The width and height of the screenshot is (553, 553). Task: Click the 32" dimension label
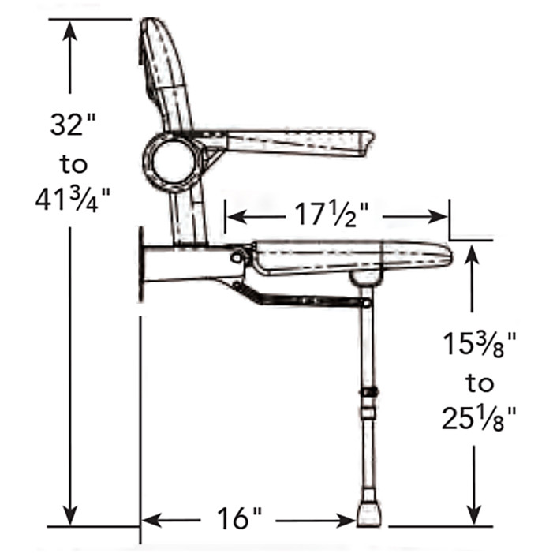pyautogui.click(x=73, y=125)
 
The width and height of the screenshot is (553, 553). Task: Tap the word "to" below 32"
pyautogui.click(x=73, y=163)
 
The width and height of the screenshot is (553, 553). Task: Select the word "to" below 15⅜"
pyautogui.click(x=479, y=383)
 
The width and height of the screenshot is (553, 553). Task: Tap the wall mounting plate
pyautogui.click(x=142, y=263)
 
